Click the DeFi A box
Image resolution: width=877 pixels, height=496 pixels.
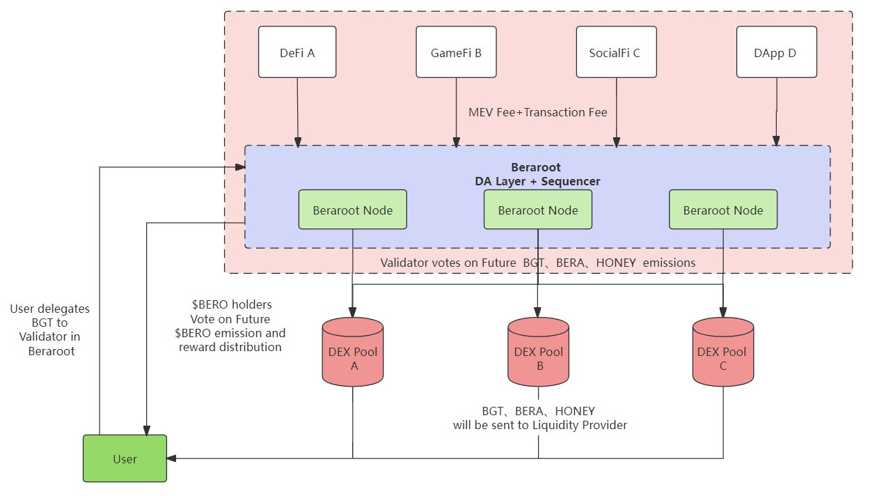297,52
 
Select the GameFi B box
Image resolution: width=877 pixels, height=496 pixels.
456,52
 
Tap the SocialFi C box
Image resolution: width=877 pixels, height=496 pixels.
616,52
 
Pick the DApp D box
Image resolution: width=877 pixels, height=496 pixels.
776,52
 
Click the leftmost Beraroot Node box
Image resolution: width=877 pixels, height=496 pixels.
353,210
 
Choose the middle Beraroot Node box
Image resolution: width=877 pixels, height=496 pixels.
538,210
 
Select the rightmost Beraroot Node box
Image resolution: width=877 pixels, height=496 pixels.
723,210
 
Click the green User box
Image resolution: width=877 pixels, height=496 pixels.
125,458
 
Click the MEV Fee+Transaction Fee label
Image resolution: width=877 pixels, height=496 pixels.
537,112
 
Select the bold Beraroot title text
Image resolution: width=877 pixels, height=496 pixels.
536,167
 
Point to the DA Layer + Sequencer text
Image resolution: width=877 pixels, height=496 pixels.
536,181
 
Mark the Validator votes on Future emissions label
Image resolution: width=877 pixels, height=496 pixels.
538,263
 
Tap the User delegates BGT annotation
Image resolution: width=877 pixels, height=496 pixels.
50,330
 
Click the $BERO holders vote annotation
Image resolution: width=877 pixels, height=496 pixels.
230,325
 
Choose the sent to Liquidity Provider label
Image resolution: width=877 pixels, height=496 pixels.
539,418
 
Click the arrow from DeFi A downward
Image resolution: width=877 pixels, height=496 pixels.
298,111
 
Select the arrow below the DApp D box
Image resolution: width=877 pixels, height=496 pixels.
777,111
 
